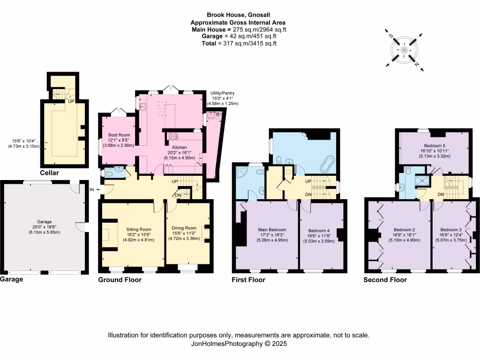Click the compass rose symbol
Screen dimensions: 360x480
pyautogui.click(x=404, y=50)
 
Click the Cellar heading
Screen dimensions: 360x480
pyautogui.click(x=49, y=173)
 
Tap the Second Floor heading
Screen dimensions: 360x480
pyautogui.click(x=385, y=280)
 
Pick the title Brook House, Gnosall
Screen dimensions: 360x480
pyautogui.click(x=238, y=15)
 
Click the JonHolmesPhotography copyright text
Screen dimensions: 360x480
pyautogui.click(x=238, y=343)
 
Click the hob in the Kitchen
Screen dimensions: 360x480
pyautogui.click(x=172, y=136)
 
